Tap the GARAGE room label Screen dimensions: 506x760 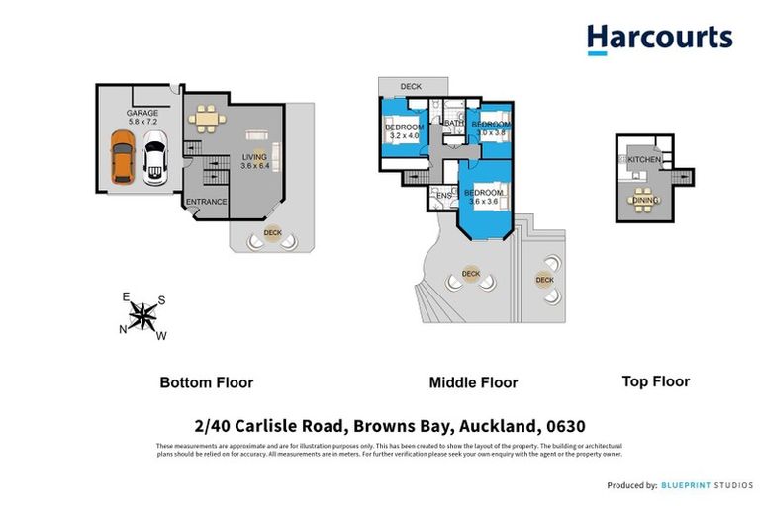[x=142, y=114]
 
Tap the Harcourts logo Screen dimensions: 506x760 [x=659, y=40]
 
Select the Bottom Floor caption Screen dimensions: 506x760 [x=207, y=382]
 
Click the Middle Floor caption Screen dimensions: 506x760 [x=473, y=382]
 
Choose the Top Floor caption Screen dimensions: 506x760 [x=655, y=380]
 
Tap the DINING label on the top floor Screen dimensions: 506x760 [x=645, y=201]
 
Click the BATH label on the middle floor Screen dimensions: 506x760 [x=453, y=124]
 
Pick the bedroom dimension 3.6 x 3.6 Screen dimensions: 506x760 [x=484, y=202]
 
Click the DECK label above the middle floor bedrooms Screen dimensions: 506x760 [x=411, y=88]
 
